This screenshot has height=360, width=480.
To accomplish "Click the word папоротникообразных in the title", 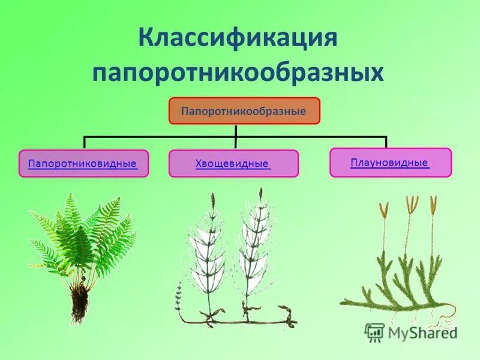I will pyautogui.click(x=238, y=73).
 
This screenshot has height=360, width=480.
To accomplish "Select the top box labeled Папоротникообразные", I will pyautogui.click(x=244, y=111).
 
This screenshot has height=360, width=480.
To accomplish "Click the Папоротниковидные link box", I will pyautogui.click(x=83, y=163).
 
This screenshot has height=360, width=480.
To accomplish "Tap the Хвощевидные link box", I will pyautogui.click(x=233, y=163).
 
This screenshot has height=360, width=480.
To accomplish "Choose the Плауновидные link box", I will pyautogui.click(x=390, y=162).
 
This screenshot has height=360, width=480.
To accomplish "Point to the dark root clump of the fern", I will pyautogui.click(x=78, y=303).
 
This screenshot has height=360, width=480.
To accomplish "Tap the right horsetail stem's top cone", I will pyautogui.click(x=260, y=196).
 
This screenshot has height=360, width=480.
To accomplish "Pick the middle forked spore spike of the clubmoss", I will pyautogui.click(x=411, y=204).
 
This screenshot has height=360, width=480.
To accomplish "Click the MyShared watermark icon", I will pyautogui.click(x=374, y=332).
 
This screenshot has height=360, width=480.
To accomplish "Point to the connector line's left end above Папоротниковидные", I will pyautogui.click(x=85, y=142).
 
